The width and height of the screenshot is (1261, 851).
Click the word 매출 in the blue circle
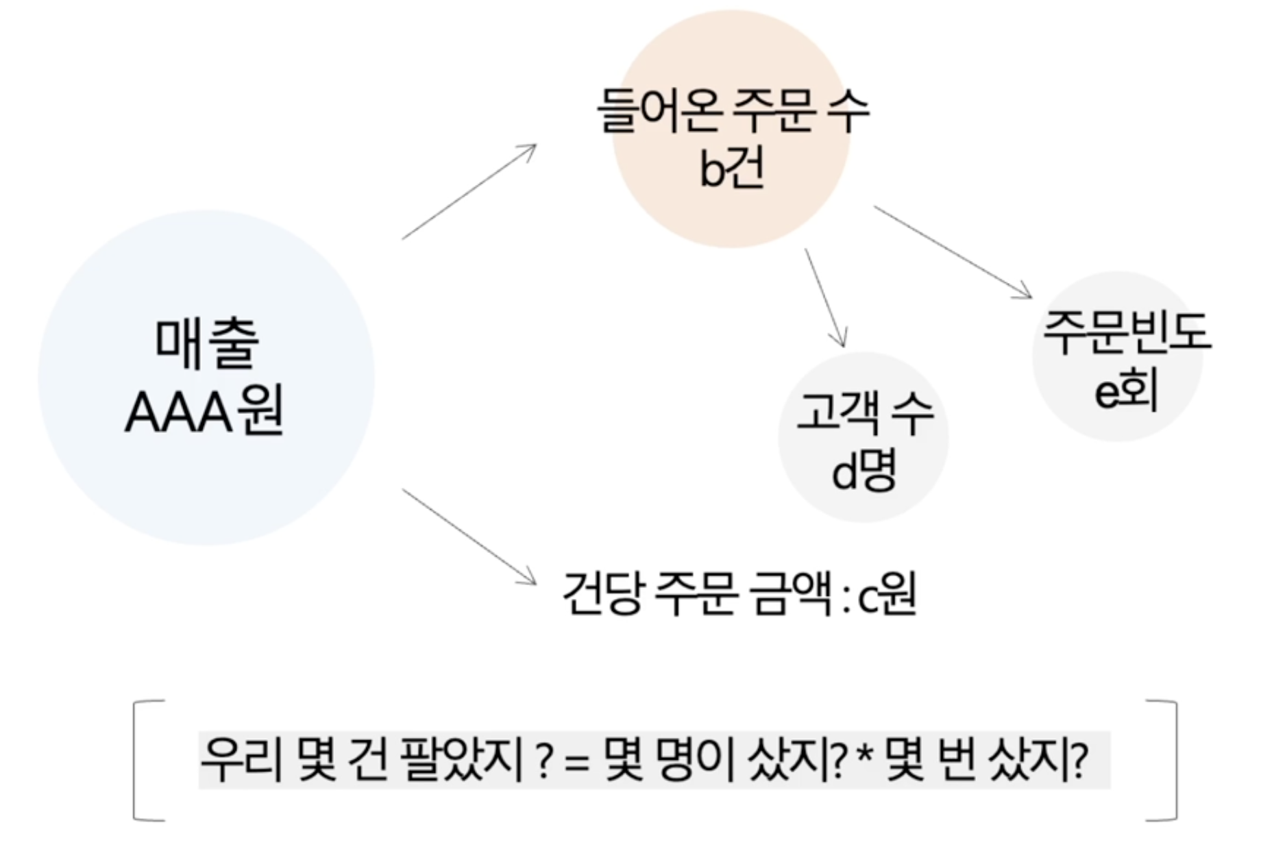coord(207,344)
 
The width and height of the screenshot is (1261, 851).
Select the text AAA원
coord(204,412)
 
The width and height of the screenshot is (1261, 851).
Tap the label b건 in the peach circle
coord(731,168)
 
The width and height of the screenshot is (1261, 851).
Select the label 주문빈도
coord(1127,333)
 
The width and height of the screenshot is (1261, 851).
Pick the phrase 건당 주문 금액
coord(697,595)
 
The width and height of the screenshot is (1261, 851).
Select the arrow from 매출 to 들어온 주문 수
coord(469,191)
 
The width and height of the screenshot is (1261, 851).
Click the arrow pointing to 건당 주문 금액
coord(469,536)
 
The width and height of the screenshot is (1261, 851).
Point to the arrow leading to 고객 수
coord(825,298)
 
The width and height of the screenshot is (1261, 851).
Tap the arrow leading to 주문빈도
coord(953,252)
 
